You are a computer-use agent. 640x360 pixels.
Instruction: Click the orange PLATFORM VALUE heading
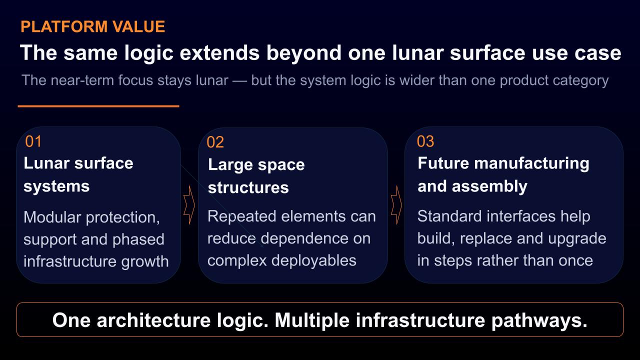(x=93, y=26)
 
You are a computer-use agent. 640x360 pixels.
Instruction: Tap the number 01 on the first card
(x=33, y=141)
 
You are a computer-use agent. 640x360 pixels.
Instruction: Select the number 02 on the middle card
(x=215, y=142)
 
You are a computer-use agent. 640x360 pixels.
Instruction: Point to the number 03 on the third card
(x=425, y=141)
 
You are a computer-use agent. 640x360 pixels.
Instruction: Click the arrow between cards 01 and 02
(x=189, y=205)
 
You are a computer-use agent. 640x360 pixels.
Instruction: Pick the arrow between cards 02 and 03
(x=396, y=205)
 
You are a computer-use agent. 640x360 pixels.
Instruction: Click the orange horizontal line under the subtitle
(x=98, y=106)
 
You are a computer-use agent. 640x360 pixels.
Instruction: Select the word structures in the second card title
(x=248, y=187)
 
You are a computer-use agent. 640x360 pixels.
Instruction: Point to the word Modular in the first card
(x=52, y=217)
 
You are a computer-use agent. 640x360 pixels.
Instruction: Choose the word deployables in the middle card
(x=313, y=261)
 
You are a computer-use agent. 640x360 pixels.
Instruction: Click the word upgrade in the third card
(x=577, y=239)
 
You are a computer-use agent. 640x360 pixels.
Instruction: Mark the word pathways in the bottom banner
(x=539, y=320)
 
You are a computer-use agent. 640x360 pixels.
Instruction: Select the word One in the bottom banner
(x=71, y=320)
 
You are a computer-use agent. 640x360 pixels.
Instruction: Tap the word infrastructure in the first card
(x=70, y=261)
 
